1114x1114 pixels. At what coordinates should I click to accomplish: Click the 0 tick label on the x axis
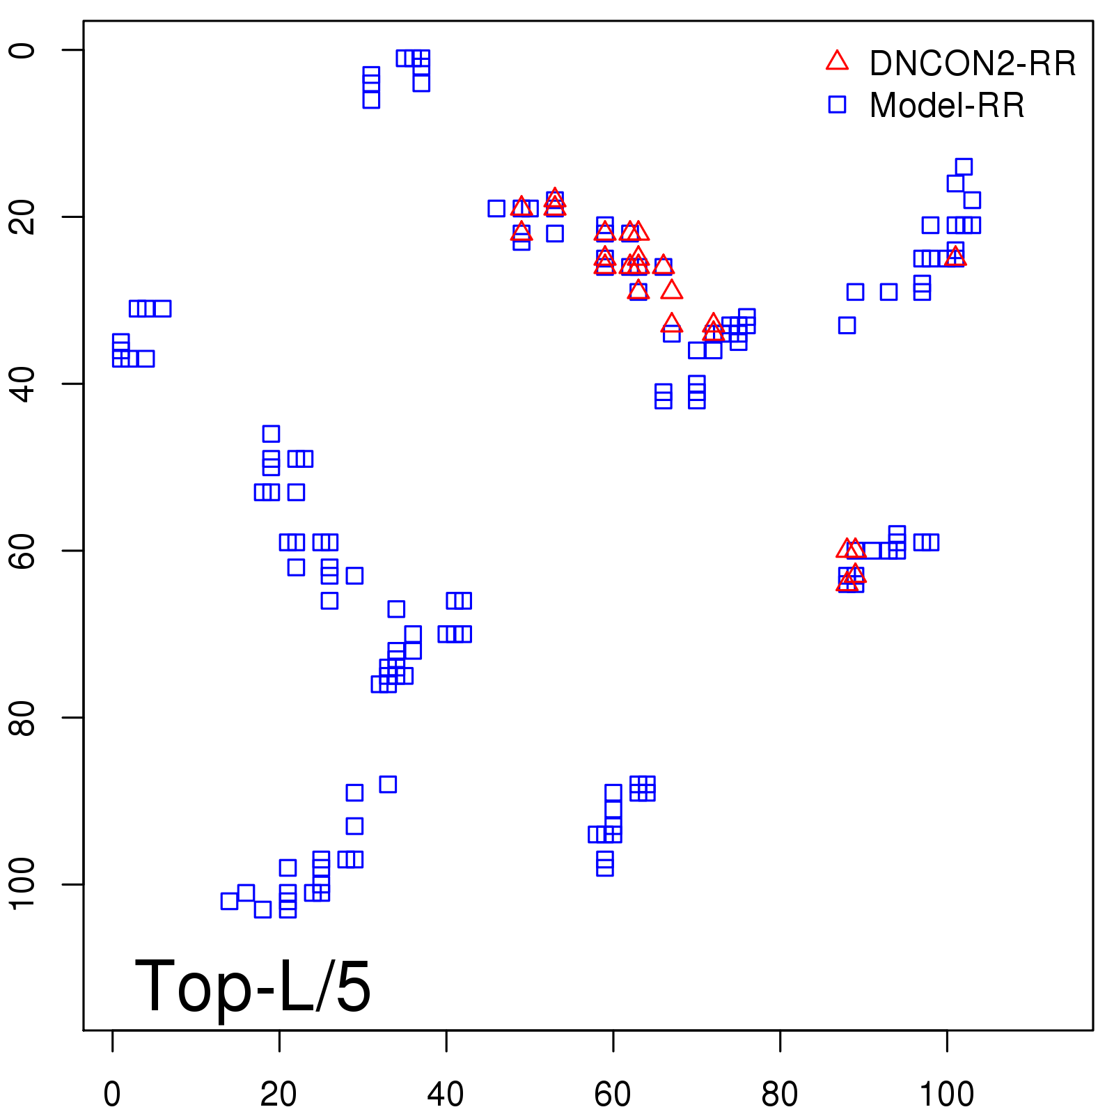[112, 1095]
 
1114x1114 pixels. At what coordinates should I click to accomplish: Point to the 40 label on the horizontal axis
[446, 1095]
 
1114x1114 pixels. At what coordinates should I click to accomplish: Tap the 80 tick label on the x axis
[780, 1095]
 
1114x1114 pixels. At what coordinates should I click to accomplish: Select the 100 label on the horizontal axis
[946, 1095]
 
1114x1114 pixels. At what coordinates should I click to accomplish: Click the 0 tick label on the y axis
[22, 50]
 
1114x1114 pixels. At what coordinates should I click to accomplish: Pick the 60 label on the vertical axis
[22, 551]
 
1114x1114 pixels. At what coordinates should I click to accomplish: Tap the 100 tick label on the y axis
[22, 884]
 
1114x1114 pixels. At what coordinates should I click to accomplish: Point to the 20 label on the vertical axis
[22, 217]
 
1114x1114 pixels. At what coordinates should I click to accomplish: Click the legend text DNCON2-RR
[973, 64]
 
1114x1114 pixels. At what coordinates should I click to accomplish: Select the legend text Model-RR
[947, 106]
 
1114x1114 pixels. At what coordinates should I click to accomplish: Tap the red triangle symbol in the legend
[837, 61]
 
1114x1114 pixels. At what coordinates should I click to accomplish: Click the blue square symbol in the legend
[837, 104]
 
